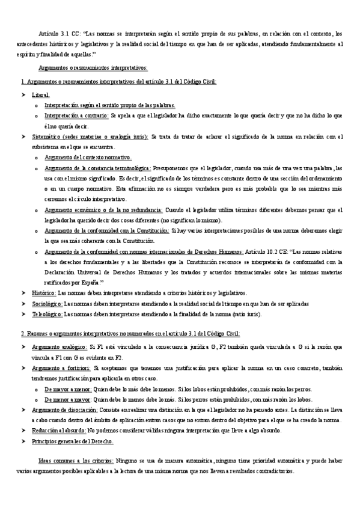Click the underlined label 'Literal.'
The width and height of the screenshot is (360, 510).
point(41,95)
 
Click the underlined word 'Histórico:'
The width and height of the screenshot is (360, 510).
point(44,293)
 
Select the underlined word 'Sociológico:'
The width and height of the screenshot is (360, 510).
point(47,304)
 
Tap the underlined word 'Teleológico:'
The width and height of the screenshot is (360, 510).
point(47,314)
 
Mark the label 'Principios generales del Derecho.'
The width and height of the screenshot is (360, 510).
point(76,441)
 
